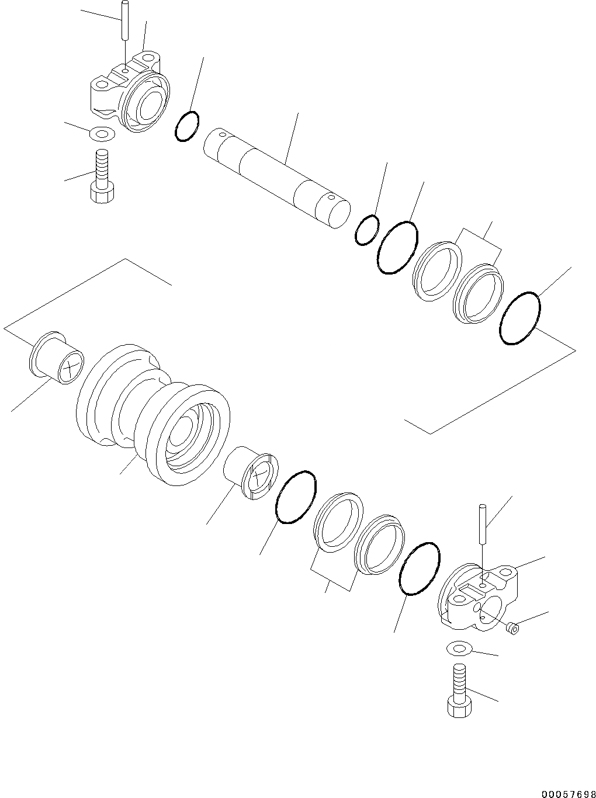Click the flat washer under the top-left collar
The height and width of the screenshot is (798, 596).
pyautogui.click(x=102, y=135)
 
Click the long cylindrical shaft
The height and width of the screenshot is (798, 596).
pyautogui.click(x=275, y=175)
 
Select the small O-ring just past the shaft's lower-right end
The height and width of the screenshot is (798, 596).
pyautogui.click(x=366, y=230)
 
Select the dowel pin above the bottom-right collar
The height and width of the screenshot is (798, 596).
pyautogui.click(x=482, y=523)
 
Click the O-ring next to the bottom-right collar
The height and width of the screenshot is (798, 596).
pyautogui.click(x=419, y=568)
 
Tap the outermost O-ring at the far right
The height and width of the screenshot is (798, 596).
pyautogui.click(x=520, y=318)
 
